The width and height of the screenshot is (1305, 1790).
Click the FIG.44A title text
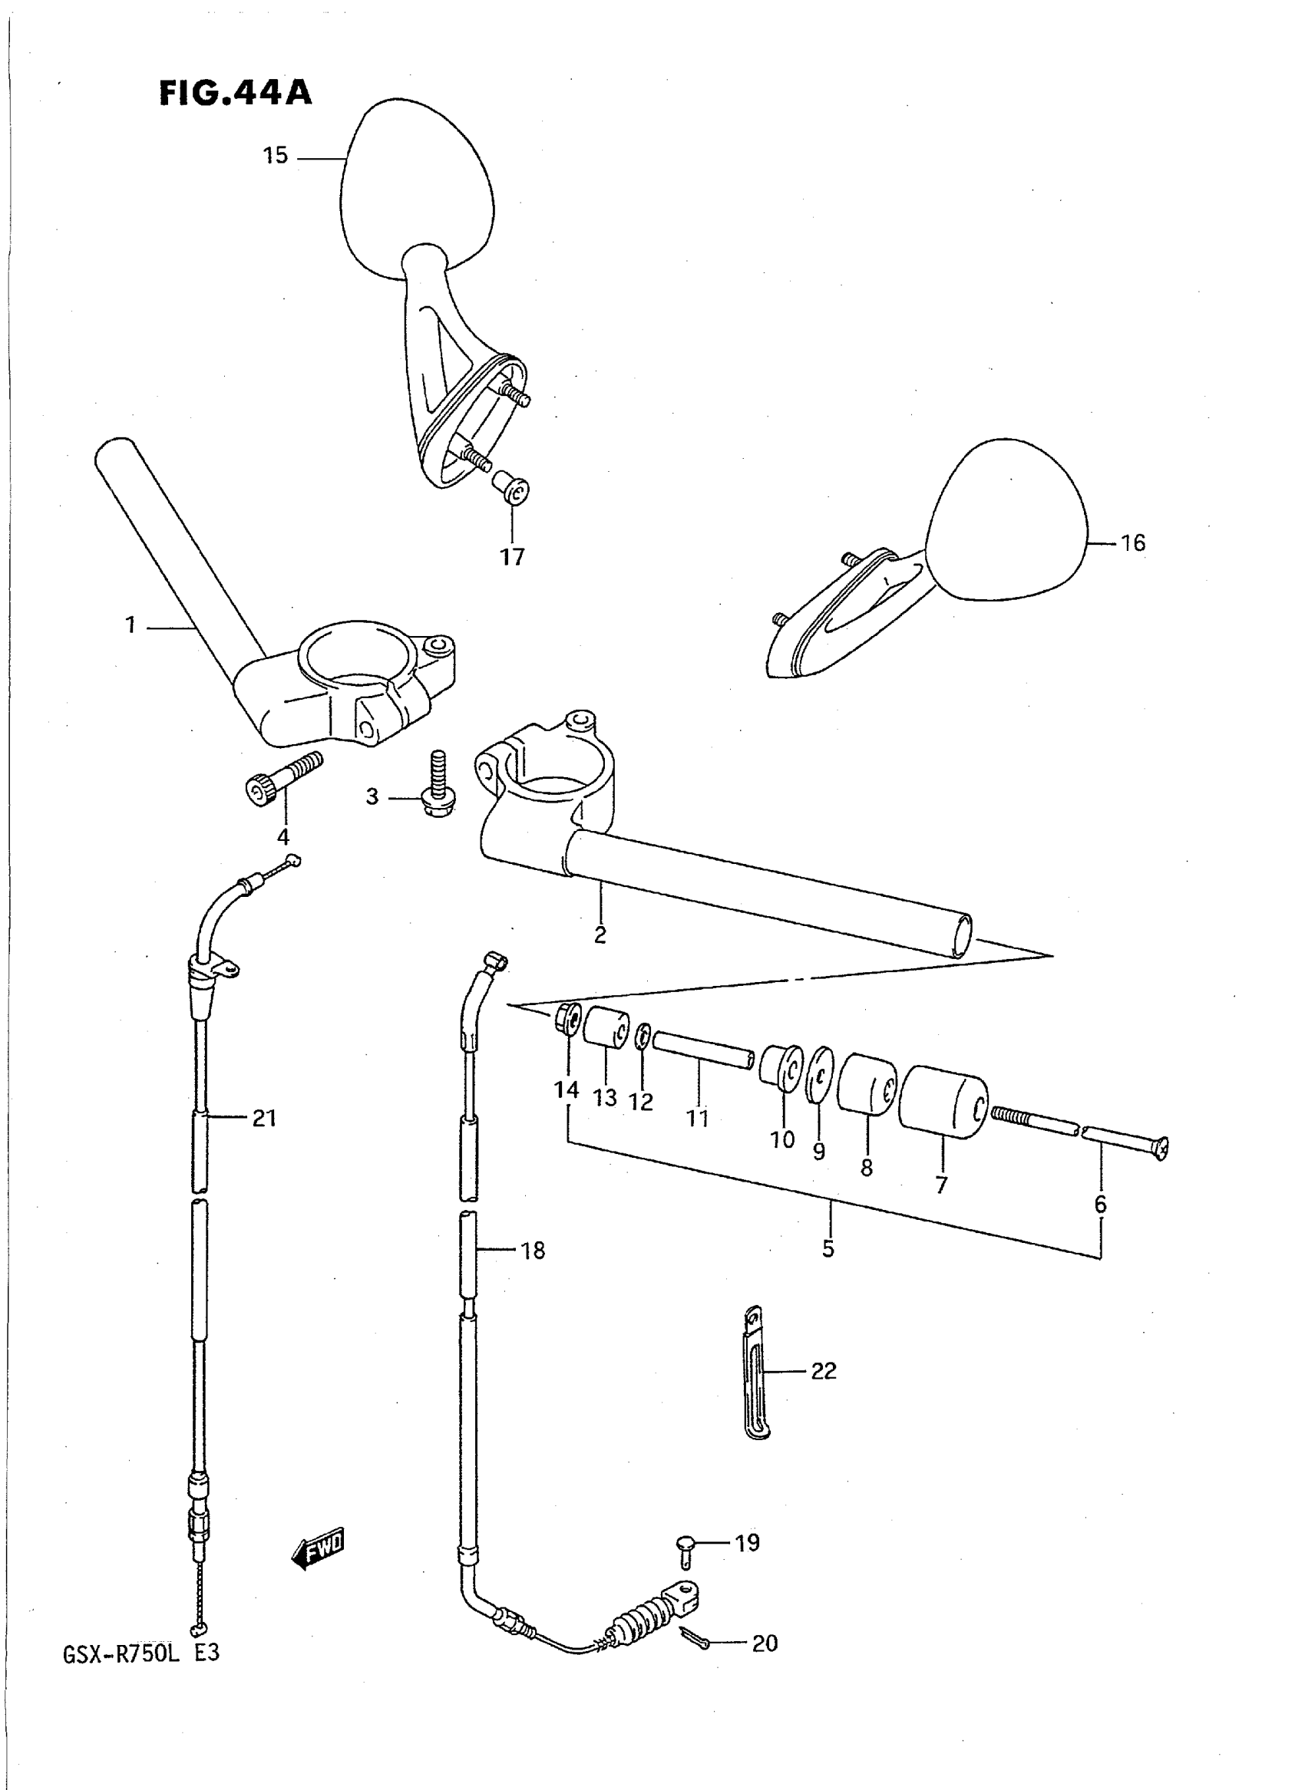tap(236, 94)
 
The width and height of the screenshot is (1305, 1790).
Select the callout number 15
tap(275, 157)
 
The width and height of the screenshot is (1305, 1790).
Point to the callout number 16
tap(1133, 542)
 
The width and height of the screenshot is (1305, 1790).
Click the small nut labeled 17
tap(512, 490)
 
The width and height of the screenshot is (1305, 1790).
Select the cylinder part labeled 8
tap(866, 1084)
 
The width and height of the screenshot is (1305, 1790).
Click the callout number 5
tap(828, 1248)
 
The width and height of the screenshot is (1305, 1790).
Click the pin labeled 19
tap(684, 1548)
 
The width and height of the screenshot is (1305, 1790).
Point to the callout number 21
tap(264, 1117)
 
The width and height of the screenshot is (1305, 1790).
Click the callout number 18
tap(534, 1250)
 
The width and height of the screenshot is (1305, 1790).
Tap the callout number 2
tap(600, 935)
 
